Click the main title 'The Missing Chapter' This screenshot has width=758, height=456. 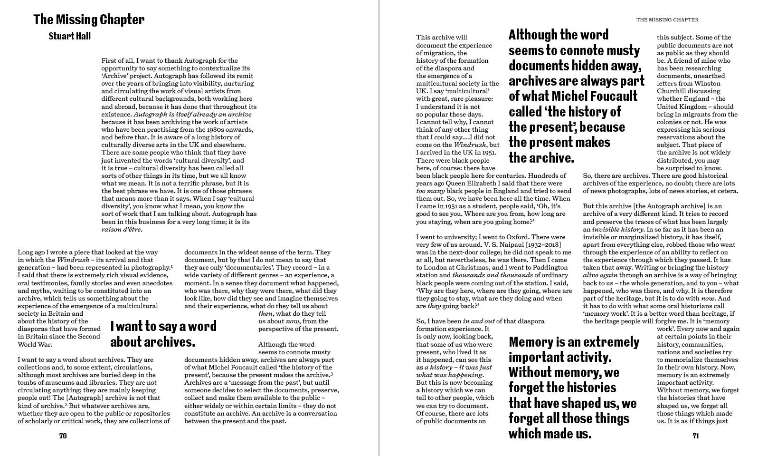click(89, 20)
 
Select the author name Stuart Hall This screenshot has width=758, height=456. click(69, 36)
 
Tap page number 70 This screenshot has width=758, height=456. click(63, 436)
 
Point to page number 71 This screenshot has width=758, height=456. click(695, 436)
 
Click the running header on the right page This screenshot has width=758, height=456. click(667, 20)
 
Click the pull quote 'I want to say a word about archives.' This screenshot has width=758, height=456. click(163, 334)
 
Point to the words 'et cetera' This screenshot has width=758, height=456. click(722, 191)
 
